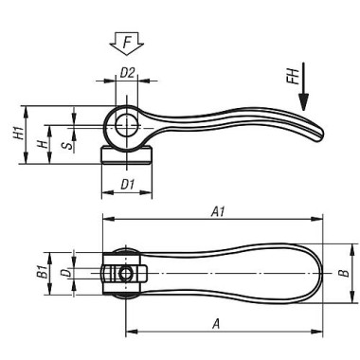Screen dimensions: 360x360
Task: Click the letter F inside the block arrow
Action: click(127, 42)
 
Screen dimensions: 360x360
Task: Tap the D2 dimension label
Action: click(128, 73)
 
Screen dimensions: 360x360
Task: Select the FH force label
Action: click(293, 77)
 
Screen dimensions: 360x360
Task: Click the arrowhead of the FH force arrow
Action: click(303, 102)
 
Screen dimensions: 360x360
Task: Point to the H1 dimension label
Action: click(18, 133)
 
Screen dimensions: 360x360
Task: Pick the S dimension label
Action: click(67, 146)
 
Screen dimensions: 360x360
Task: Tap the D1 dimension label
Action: click(128, 184)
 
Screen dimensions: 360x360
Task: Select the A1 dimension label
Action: click(218, 211)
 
